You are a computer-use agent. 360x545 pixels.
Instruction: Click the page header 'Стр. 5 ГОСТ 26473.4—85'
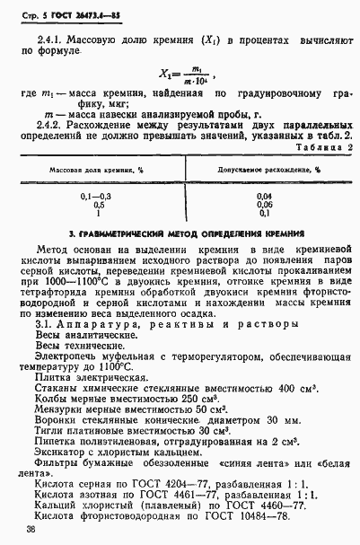pyautogui.click(x=64, y=14)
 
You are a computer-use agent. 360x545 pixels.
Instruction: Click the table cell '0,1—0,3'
pyautogui.click(x=99, y=196)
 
